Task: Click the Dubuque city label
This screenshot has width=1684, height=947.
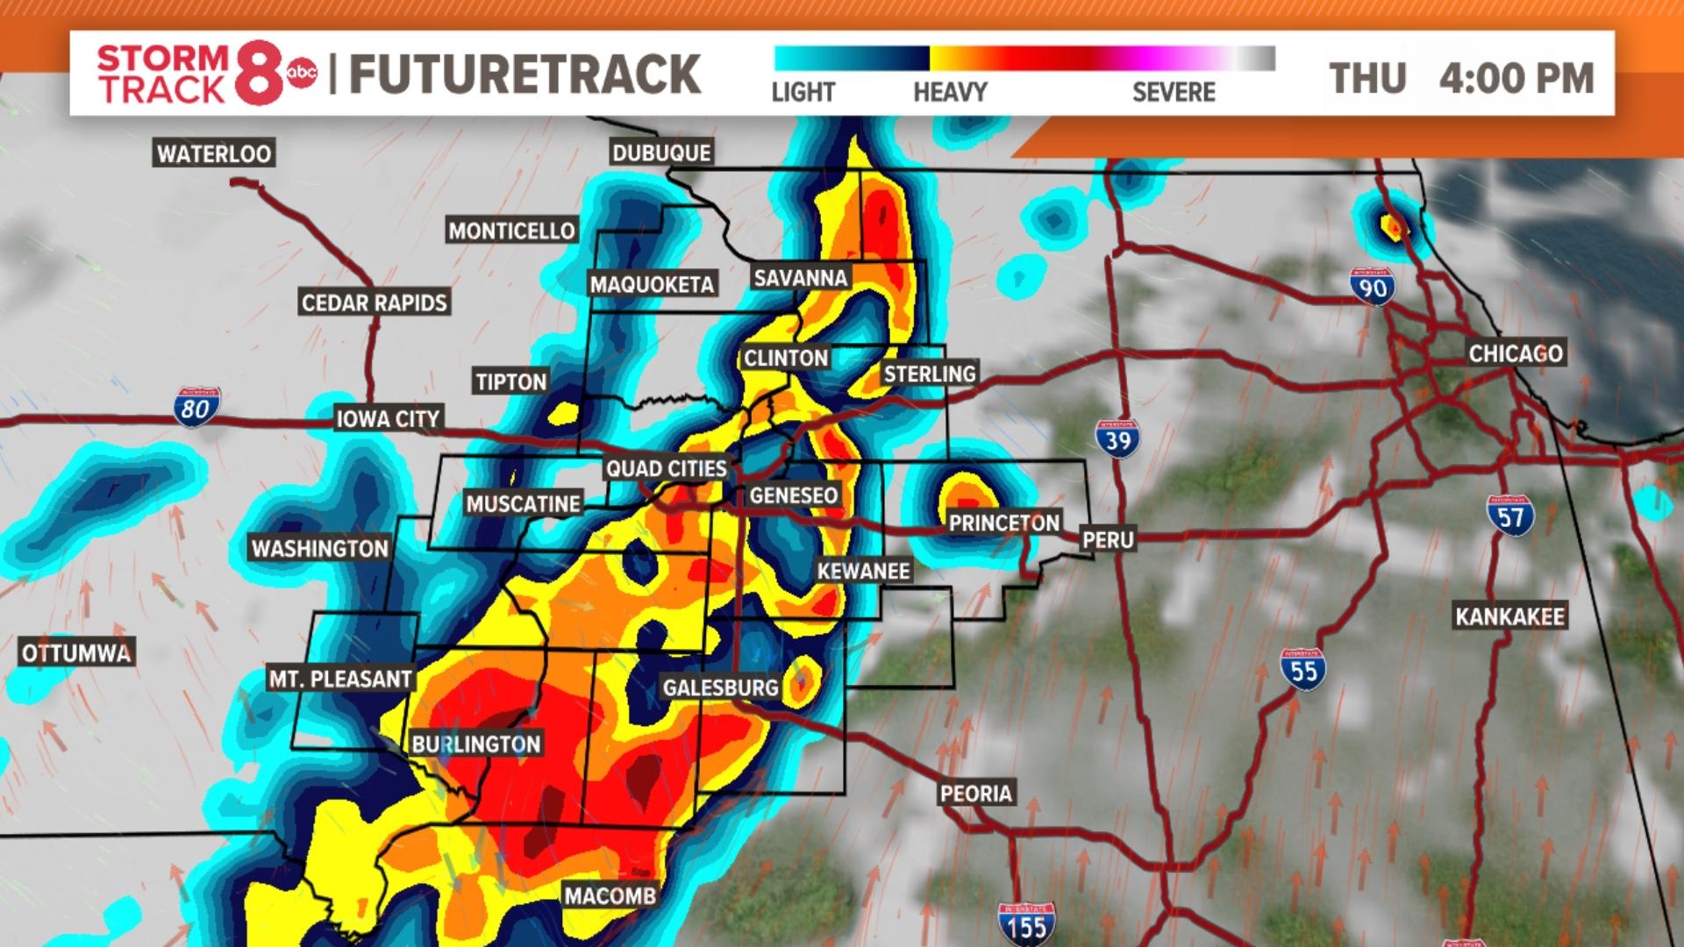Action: click(x=661, y=153)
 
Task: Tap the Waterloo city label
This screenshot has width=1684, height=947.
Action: click(x=214, y=153)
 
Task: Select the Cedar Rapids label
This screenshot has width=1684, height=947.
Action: click(x=375, y=303)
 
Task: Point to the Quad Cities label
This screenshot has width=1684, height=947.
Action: click(x=667, y=468)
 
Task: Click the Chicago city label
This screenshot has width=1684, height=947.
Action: click(x=1516, y=353)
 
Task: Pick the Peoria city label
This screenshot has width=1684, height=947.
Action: click(x=976, y=794)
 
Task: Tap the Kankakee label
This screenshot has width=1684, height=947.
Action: click(x=1509, y=616)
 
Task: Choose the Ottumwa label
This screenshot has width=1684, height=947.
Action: click(x=76, y=653)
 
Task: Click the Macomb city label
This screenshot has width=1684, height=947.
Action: click(x=610, y=895)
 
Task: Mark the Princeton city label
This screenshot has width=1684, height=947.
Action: click(x=1004, y=523)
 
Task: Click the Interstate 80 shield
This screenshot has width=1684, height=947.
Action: click(x=196, y=407)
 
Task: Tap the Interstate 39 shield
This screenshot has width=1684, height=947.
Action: click(x=1117, y=438)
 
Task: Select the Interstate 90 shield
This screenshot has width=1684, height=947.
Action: click(x=1373, y=287)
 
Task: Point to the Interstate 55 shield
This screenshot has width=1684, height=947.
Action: click(x=1303, y=670)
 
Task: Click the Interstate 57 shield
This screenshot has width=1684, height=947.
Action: click(x=1510, y=516)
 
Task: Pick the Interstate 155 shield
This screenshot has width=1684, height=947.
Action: click(x=1026, y=924)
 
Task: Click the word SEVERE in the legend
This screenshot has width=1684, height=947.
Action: click(x=1174, y=92)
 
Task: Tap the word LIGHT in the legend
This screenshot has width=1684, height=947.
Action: click(x=803, y=92)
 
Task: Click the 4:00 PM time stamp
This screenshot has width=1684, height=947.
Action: click(x=1516, y=78)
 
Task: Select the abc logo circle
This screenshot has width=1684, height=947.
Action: click(x=303, y=74)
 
